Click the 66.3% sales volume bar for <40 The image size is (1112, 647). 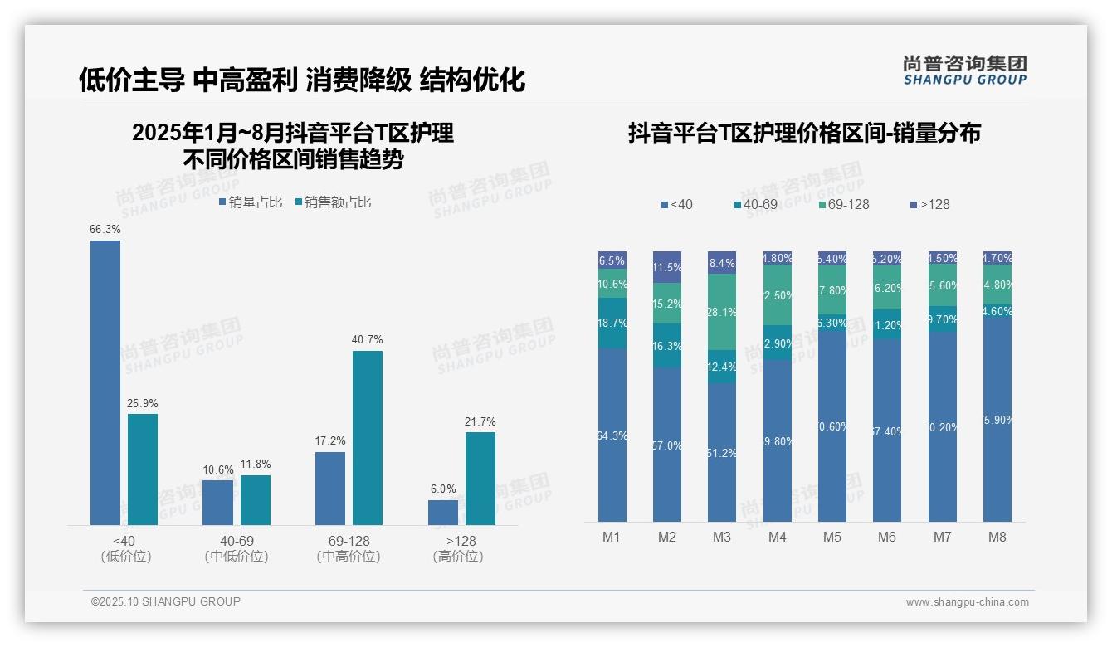pyautogui.click(x=105, y=382)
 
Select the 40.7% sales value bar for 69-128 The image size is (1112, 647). pyautogui.click(x=368, y=437)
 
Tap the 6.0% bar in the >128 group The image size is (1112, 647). pyautogui.click(x=443, y=512)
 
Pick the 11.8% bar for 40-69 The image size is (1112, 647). pyautogui.click(x=256, y=499)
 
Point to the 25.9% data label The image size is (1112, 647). pyautogui.click(x=143, y=403)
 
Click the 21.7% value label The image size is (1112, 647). pyautogui.click(x=480, y=421)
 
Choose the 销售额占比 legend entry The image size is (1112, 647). pyautogui.click(x=332, y=202)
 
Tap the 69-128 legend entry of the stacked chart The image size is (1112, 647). pyautogui.click(x=843, y=204)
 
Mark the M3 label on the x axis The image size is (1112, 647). pyautogui.click(x=722, y=537)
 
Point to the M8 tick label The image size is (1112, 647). pyautogui.click(x=997, y=537)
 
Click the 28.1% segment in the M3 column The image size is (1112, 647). pyautogui.click(x=722, y=312)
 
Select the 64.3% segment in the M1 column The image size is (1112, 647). pyautogui.click(x=612, y=435)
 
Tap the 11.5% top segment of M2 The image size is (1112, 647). pyautogui.click(x=667, y=267)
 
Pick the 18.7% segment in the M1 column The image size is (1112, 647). pyautogui.click(x=612, y=323)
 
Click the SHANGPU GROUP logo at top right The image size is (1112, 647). pyautogui.click(x=965, y=71)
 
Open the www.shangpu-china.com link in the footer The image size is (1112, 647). pyautogui.click(x=967, y=602)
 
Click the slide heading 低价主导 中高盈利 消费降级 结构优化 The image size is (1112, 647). pyautogui.click(x=302, y=80)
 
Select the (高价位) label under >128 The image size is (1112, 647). pyautogui.click(x=458, y=557)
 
